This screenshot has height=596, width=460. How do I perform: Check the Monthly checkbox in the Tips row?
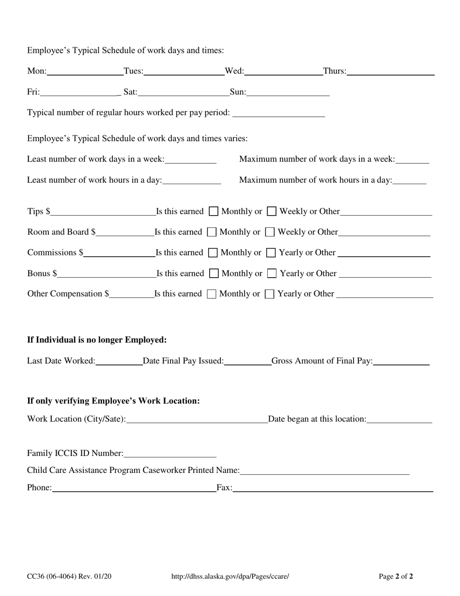point(214,211)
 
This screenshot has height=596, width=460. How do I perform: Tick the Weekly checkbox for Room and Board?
point(270,232)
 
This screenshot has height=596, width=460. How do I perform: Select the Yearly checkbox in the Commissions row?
point(272,252)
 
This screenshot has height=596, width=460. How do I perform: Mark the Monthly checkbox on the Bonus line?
point(214,273)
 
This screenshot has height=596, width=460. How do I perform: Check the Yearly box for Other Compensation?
point(270,294)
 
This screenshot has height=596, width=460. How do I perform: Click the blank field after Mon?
point(85,71)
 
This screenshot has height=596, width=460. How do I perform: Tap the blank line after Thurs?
point(390,71)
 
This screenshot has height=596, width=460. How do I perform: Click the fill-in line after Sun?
point(288,92)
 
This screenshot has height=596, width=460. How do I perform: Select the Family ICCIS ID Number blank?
point(170,453)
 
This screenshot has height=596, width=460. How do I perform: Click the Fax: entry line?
point(333,487)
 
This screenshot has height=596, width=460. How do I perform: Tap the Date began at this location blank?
point(399,419)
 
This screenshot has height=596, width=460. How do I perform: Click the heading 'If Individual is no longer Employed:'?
point(97,340)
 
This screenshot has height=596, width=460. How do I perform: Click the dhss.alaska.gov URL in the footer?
point(230,577)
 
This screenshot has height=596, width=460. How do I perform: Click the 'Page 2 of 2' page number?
point(396,577)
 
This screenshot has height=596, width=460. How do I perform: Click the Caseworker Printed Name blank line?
point(324,470)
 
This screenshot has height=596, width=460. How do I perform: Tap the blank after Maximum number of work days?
point(412,159)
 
